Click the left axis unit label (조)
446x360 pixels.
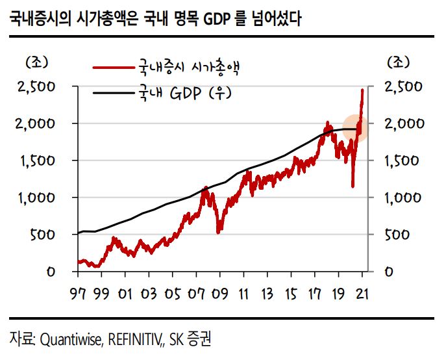[37, 62]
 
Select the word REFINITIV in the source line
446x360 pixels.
[138, 339]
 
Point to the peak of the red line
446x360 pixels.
[362, 90]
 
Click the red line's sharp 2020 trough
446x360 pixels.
[353, 187]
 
